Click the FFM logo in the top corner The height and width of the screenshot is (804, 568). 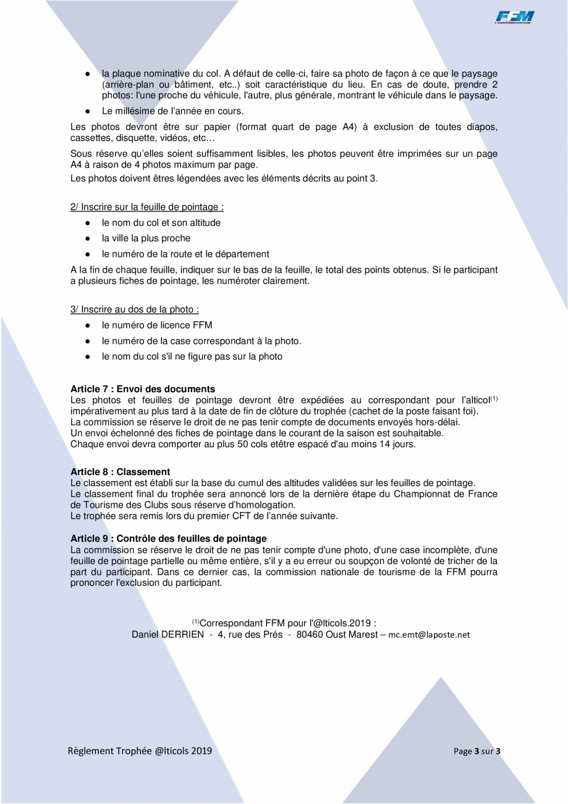(x=514, y=17)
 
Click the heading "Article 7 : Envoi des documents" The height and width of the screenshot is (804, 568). (x=143, y=389)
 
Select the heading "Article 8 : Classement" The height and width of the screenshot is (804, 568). (x=121, y=472)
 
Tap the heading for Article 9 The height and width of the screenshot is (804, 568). (x=169, y=539)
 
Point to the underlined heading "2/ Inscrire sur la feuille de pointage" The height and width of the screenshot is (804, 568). (x=147, y=207)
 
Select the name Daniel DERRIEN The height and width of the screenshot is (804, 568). (x=167, y=635)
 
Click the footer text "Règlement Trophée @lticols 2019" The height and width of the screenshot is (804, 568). (x=140, y=751)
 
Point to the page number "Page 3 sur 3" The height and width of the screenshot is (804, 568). (x=477, y=751)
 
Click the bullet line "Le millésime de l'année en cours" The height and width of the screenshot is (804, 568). (x=173, y=111)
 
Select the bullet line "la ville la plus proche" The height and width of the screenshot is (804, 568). (x=146, y=238)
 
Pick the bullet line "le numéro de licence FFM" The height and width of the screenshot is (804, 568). (x=157, y=325)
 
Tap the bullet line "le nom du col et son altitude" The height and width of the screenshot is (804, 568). (x=161, y=223)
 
